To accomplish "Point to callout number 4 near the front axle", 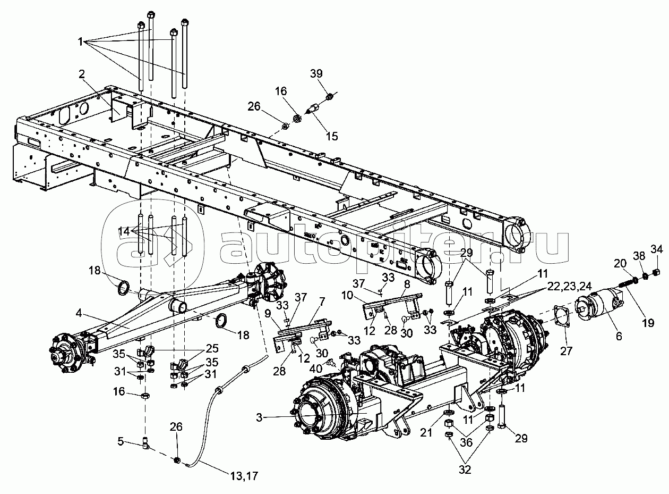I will coord(79,314).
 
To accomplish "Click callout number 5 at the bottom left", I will coord(121,440).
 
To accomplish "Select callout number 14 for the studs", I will coord(123,231).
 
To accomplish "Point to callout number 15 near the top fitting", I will coord(332,136).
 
